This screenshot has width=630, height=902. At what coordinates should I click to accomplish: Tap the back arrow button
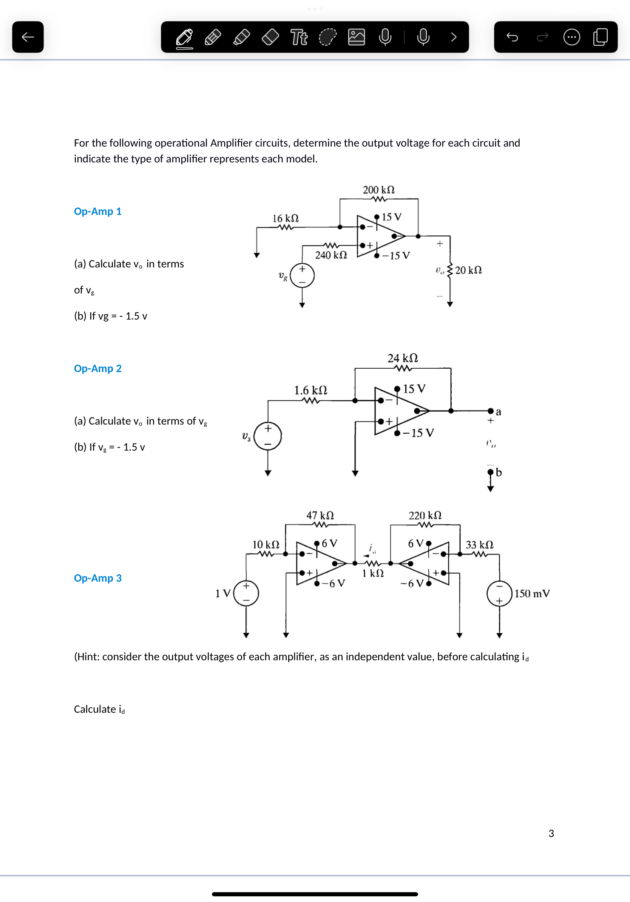(x=28, y=37)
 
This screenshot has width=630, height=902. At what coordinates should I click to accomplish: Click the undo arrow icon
(x=512, y=37)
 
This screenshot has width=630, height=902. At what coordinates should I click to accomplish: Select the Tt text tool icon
(x=299, y=37)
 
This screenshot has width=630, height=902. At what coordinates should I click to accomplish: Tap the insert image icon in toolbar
(x=356, y=37)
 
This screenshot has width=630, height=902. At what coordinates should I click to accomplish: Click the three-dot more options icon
(x=571, y=37)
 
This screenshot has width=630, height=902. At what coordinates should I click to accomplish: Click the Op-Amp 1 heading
(x=98, y=212)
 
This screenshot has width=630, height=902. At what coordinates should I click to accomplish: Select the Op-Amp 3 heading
(x=98, y=578)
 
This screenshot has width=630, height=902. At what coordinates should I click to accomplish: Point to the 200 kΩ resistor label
(x=378, y=190)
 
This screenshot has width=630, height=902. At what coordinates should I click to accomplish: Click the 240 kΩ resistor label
(x=331, y=255)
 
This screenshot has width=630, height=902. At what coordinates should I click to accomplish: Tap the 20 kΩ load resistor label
(x=468, y=270)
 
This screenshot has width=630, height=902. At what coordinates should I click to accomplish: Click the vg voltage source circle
(x=302, y=275)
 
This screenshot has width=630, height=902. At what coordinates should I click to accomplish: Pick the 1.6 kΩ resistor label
(x=311, y=390)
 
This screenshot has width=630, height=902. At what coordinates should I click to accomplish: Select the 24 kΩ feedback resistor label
(x=403, y=358)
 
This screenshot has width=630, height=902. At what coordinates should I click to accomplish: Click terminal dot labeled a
(x=491, y=411)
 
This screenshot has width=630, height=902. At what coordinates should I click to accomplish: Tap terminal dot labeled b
(x=491, y=472)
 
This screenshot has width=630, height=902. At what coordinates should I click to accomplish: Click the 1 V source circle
(x=246, y=593)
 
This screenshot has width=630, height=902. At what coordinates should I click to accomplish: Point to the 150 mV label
(x=532, y=593)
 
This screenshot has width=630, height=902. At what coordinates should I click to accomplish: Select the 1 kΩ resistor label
(x=373, y=573)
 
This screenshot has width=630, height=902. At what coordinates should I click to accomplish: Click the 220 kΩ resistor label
(x=425, y=515)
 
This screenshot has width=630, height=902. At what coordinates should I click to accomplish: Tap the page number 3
(x=551, y=833)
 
